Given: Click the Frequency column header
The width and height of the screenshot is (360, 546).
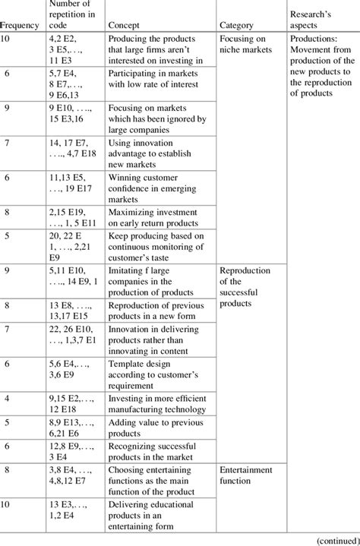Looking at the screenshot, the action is click(x=20, y=25).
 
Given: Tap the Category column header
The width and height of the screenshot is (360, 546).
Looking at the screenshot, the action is click(x=236, y=25).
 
